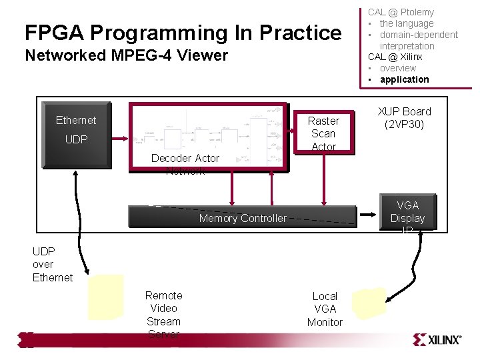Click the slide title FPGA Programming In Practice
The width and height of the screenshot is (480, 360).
[x=183, y=33]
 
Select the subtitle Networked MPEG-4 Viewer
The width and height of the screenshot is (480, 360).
[x=126, y=55]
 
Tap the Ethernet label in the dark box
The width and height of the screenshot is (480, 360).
[x=75, y=120]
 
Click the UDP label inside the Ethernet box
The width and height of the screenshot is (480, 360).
[x=75, y=140]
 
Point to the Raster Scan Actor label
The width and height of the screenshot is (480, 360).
[x=323, y=133]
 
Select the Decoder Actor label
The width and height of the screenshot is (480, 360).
[x=185, y=158]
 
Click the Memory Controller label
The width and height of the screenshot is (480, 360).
[x=242, y=218]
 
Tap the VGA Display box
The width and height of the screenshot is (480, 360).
[x=407, y=213]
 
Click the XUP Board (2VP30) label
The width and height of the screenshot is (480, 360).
[x=404, y=118]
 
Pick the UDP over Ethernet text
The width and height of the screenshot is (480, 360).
[x=52, y=265]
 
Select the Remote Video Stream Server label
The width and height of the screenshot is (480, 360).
[x=163, y=315]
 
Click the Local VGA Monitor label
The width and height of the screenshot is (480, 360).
[x=325, y=309]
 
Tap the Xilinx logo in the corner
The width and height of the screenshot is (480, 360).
[x=437, y=339]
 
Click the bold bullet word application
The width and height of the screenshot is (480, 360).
[x=404, y=79]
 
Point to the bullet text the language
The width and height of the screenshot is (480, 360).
[x=406, y=23]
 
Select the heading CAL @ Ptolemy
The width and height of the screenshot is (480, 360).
[x=401, y=12]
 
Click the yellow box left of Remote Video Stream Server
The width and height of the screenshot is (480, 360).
[x=106, y=297]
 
